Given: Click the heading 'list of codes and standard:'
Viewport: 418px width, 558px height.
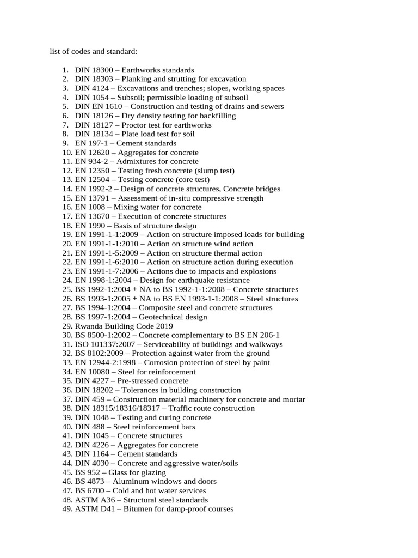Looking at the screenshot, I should pos(94,52).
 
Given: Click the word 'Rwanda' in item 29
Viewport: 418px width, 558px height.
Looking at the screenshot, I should pos(88,326).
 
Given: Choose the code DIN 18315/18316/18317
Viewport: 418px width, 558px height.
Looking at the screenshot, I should pos(118,408).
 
